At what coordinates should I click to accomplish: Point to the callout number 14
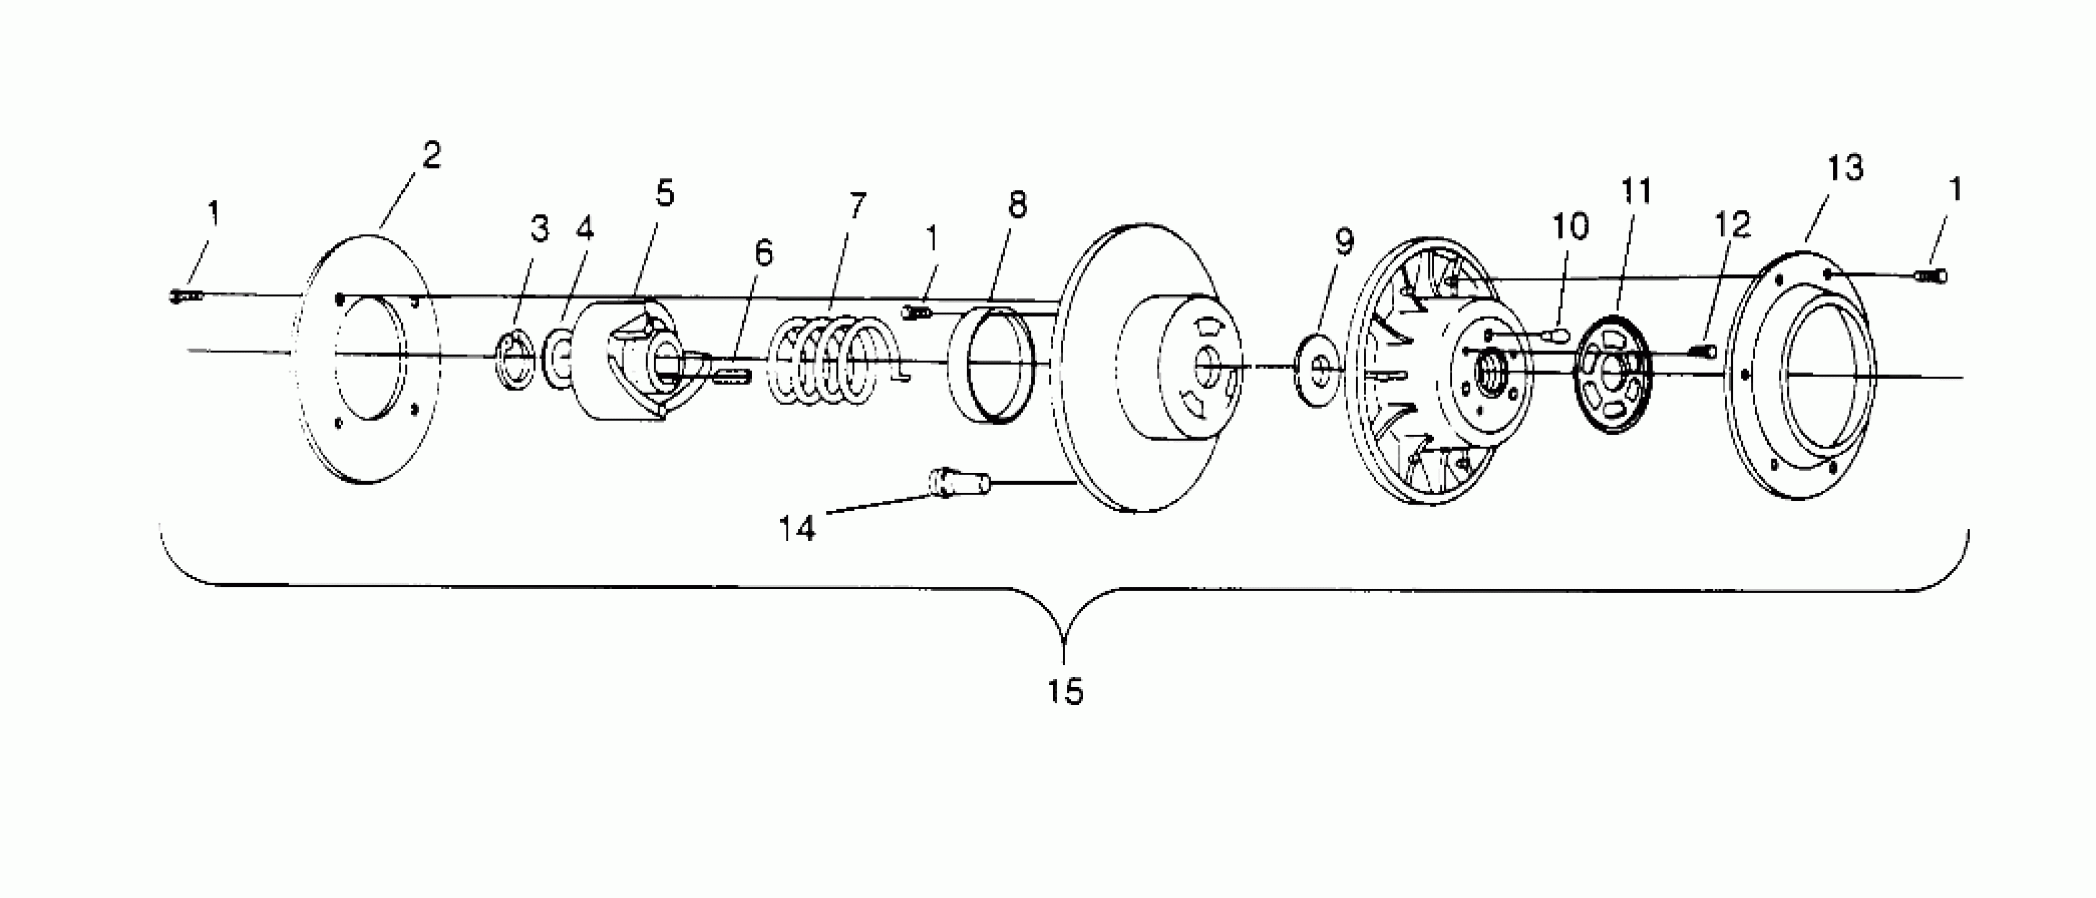click(797, 529)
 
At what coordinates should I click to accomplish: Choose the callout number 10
click(1569, 227)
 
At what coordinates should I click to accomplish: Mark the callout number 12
click(1731, 224)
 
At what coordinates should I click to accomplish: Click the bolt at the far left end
click(186, 297)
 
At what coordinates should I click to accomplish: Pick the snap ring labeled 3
click(516, 360)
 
